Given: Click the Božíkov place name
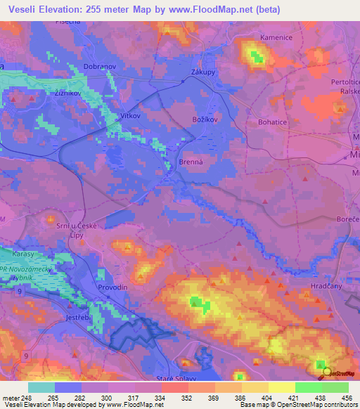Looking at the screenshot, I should (x=206, y=120).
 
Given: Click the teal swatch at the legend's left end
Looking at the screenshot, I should (x=41, y=387).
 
